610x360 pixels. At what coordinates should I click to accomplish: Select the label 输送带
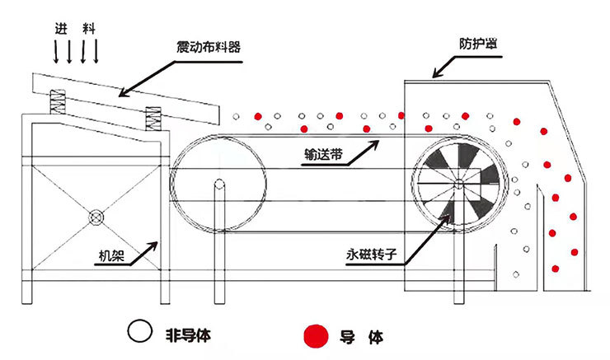coord(321,154)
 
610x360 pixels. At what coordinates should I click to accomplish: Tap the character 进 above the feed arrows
coord(60,28)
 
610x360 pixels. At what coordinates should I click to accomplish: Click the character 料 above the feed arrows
coord(88,28)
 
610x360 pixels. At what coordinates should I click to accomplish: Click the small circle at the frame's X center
coord(96,217)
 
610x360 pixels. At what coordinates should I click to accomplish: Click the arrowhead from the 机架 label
coord(157,241)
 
